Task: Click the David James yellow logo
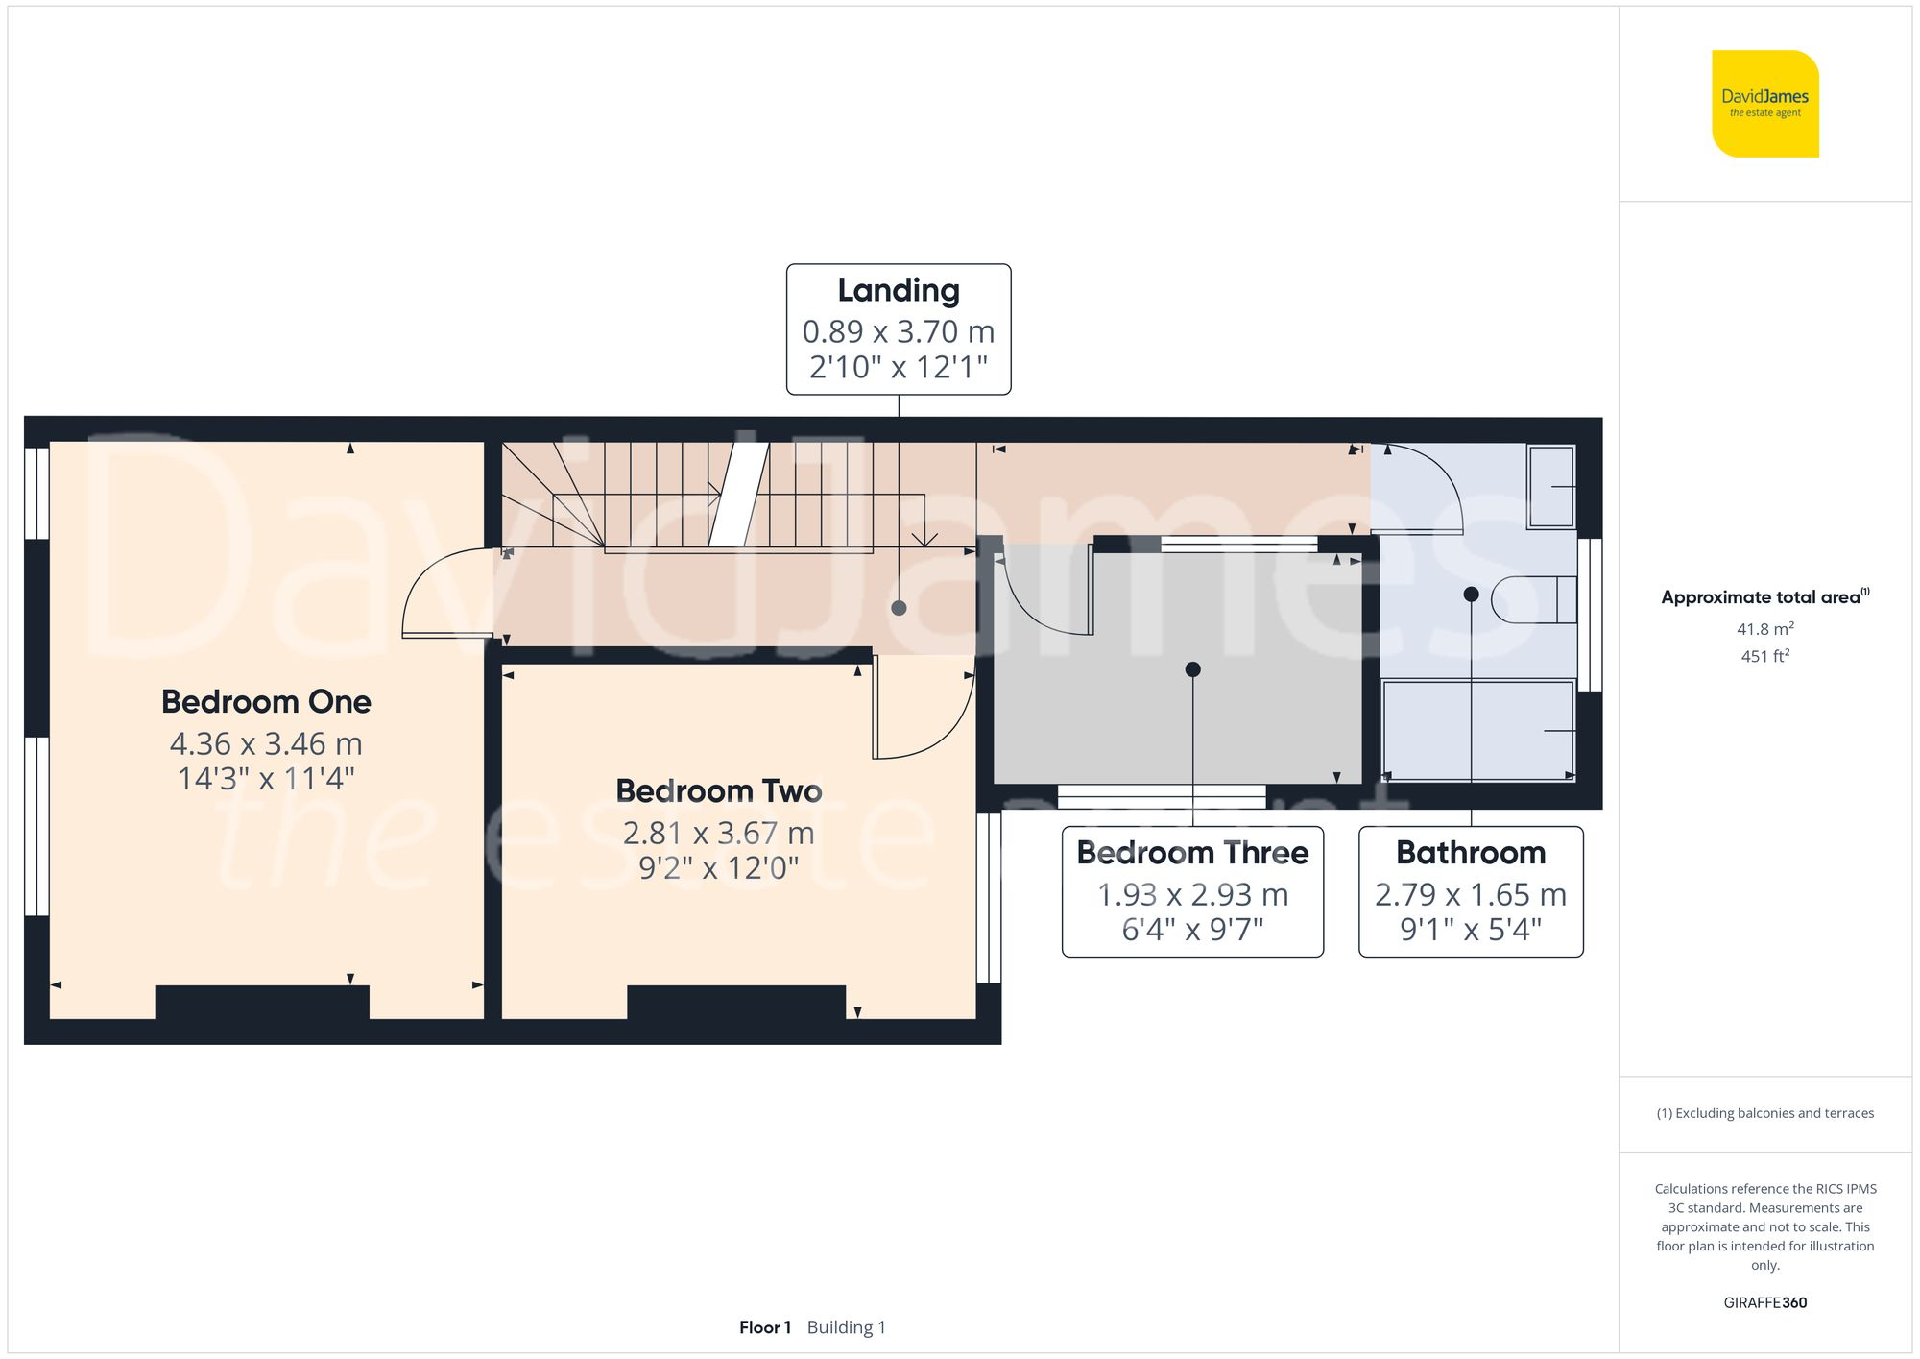click(1764, 104)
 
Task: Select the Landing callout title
click(898, 290)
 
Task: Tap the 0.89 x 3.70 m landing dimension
click(898, 331)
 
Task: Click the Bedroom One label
click(266, 701)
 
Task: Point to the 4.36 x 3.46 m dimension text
click(266, 743)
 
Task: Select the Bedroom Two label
click(718, 790)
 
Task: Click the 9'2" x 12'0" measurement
click(718, 868)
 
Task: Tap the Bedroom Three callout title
click(1192, 853)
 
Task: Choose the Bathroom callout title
click(1471, 853)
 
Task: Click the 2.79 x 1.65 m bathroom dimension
click(1471, 894)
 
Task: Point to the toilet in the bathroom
click(1534, 600)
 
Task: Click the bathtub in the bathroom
click(1477, 730)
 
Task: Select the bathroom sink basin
click(1551, 486)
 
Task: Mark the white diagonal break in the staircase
click(739, 494)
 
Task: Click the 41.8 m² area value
click(1764, 629)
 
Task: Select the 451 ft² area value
click(1764, 656)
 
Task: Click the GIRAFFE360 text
click(1764, 1302)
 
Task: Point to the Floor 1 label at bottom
click(765, 1327)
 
